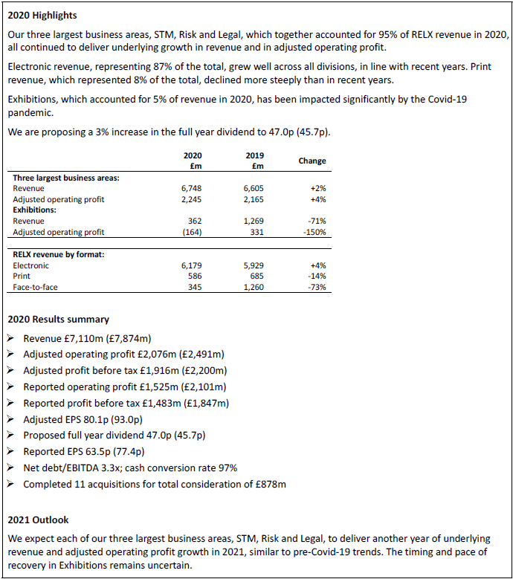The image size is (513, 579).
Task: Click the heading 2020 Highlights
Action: [x=42, y=15]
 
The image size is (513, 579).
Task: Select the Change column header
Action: [x=312, y=161]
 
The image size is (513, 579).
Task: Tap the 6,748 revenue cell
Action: [x=192, y=189]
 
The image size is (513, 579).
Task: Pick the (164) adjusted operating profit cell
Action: [x=192, y=232]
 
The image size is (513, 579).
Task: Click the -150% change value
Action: [x=314, y=232]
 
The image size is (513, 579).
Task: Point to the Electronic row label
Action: [x=30, y=265]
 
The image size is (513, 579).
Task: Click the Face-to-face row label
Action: [x=35, y=286]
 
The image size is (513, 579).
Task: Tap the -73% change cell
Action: [x=317, y=286]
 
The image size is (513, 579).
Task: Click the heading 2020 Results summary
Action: [x=58, y=319]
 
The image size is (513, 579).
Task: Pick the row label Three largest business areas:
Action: [x=66, y=178]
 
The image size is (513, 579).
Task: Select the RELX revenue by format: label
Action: [x=58, y=254]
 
